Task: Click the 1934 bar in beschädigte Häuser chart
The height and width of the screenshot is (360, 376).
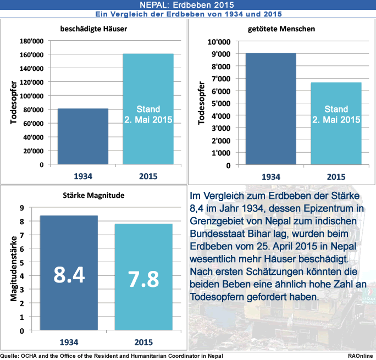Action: pyautogui.click(x=82, y=136)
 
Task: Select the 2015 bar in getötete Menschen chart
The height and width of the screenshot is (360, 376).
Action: pyautogui.click(x=336, y=123)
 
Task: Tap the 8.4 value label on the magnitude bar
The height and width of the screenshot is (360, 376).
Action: pyautogui.click(x=69, y=274)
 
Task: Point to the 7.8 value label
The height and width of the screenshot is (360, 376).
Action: pyautogui.click(x=143, y=279)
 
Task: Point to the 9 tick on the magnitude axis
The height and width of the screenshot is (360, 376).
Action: pyautogui.click(x=22, y=208)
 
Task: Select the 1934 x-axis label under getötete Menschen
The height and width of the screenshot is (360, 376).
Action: pyautogui.click(x=270, y=176)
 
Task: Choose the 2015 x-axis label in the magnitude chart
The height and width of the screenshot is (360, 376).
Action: pyautogui.click(x=143, y=342)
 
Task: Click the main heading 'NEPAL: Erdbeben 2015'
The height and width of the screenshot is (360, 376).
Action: pyautogui.click(x=187, y=4)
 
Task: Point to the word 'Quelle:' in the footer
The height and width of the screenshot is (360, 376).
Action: pyautogui.click(x=10, y=356)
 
